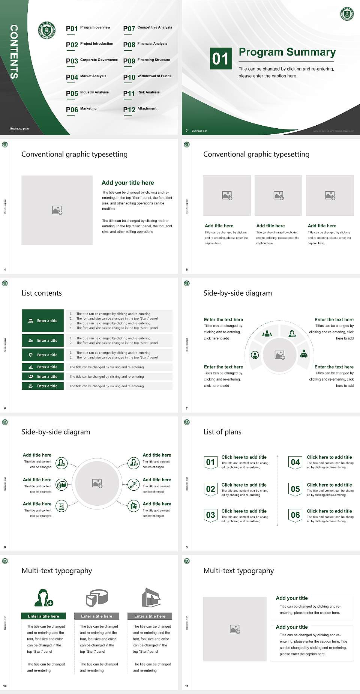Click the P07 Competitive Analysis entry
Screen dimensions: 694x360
148,29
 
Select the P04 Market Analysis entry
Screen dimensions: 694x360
86,77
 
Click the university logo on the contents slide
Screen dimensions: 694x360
47,30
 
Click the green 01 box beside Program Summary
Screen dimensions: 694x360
220,59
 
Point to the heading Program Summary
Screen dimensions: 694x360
287,52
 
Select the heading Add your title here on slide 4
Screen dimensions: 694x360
127,183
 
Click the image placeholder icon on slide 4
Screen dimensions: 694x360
57,210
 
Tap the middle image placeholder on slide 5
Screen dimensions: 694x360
278,195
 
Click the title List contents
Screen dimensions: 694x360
42,293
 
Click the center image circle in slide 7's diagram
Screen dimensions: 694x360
279,355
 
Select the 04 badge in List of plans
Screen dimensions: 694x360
295,462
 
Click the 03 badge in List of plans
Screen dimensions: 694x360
210,515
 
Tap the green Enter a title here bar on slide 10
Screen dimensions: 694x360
43,616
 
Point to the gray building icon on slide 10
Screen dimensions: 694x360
151,598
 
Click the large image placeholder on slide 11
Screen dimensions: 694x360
235,629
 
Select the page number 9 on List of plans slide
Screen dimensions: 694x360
187,547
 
